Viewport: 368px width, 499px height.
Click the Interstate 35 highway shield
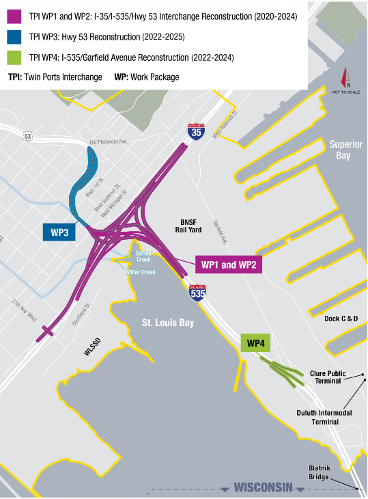(196, 133)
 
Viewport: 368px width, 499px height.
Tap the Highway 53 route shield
(27, 136)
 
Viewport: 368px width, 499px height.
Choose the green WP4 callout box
(257, 342)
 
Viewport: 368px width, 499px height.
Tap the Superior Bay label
(349, 150)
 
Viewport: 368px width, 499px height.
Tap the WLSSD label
(96, 351)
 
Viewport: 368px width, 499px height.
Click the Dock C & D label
(341, 319)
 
